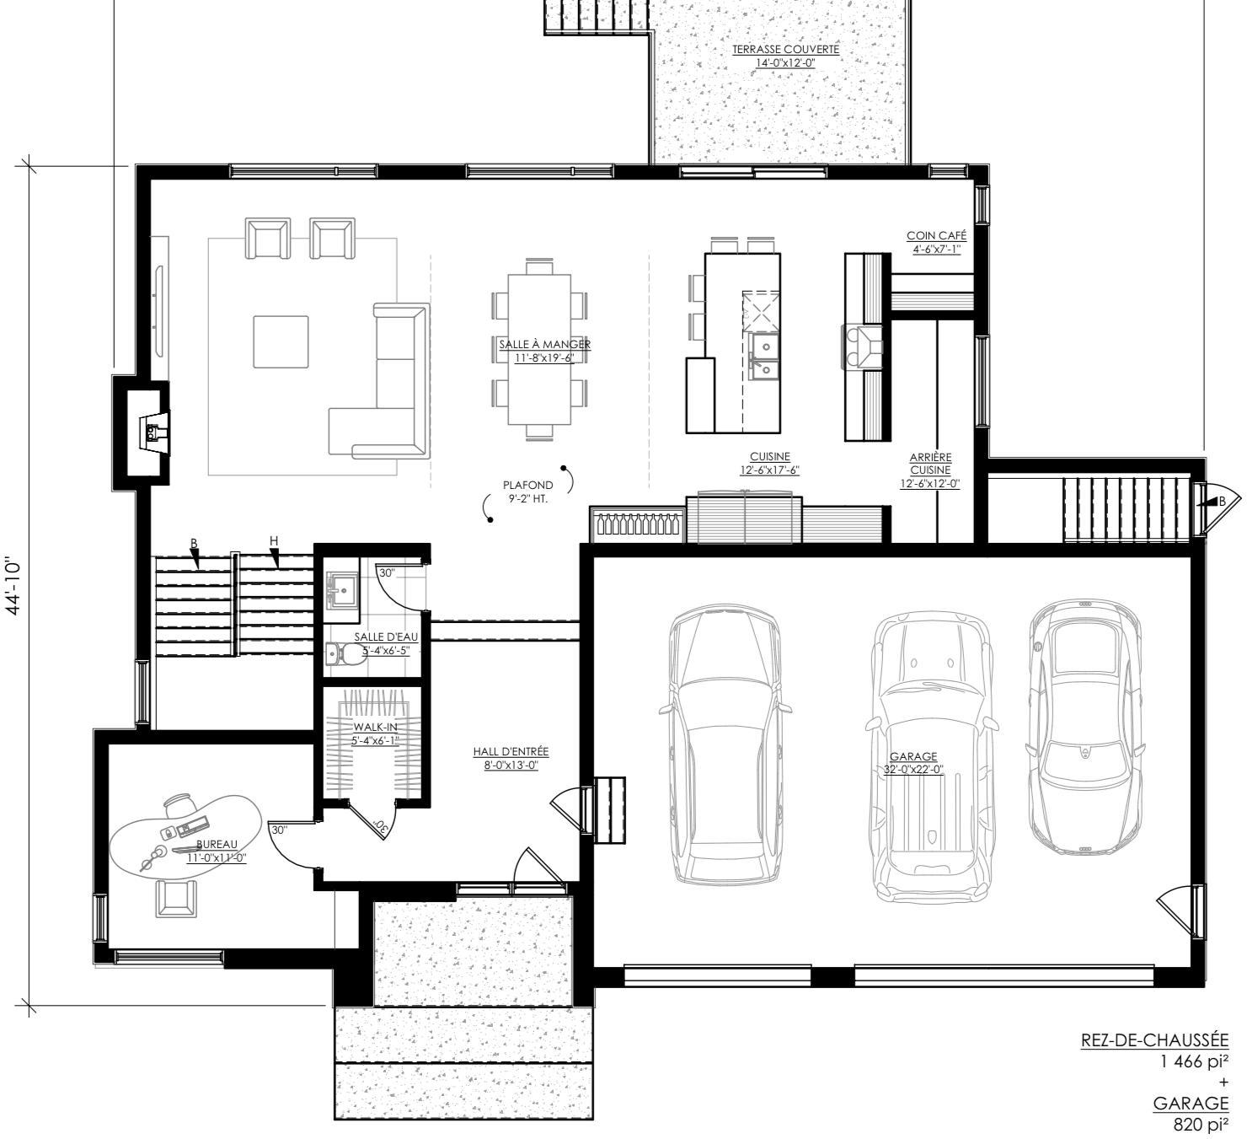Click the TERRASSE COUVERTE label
click(x=785, y=49)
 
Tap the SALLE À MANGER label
click(x=544, y=344)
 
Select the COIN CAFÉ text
click(x=936, y=235)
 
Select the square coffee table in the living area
click(x=281, y=342)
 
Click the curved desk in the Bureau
click(x=185, y=837)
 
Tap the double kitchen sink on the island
click(x=763, y=359)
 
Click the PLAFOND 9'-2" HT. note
click(x=527, y=492)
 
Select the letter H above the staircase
click(x=274, y=541)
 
